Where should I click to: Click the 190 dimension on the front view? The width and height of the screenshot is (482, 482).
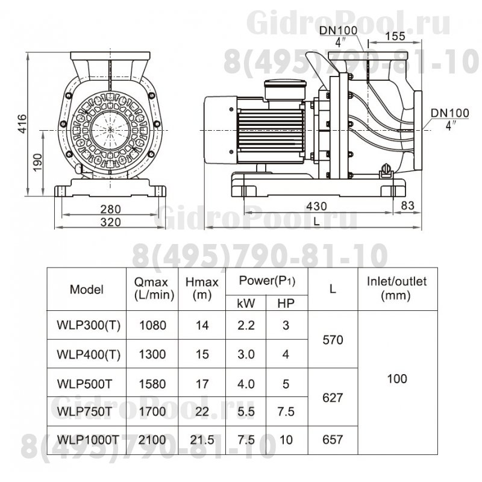[38, 162]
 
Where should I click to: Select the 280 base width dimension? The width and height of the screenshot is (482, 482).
[111, 209]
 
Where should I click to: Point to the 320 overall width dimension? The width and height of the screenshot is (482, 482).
[111, 222]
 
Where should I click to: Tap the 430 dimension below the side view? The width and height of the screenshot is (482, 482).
[318, 206]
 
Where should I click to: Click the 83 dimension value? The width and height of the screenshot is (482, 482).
[408, 206]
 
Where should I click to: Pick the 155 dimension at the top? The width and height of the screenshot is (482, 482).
[393, 36]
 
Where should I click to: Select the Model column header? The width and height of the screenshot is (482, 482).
[87, 289]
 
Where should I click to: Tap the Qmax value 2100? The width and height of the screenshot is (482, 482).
[151, 440]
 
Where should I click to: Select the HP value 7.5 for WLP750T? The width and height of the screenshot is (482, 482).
[286, 411]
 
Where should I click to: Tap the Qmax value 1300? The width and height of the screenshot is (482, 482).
[151, 354]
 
